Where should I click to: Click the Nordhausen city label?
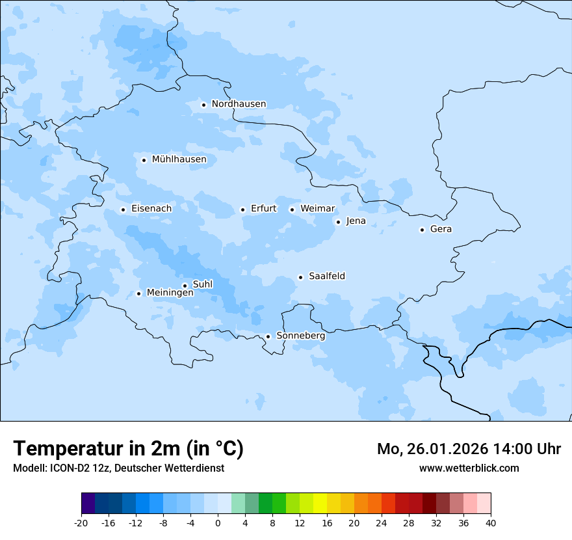coord(239,104)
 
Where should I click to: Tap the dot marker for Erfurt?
coord(242,209)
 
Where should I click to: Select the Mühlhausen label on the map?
coord(179,159)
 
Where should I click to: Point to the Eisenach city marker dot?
coord(123,209)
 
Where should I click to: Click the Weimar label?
coord(317,209)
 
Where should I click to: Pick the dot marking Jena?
coord(338,222)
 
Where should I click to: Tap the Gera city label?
coord(441,229)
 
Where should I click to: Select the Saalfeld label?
coord(326,277)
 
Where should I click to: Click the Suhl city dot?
coord(185,286)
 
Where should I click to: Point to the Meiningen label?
coord(170,293)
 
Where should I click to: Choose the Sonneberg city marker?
coord(268,336)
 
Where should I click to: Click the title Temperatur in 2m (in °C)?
coord(128,448)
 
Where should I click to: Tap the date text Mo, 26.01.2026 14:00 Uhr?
coord(469,449)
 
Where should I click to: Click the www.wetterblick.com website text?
coord(469,468)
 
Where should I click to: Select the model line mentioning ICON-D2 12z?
coord(118,468)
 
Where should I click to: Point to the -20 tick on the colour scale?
coord(81,522)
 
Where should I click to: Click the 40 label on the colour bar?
coord(491,522)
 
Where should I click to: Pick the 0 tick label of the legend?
coord(218,522)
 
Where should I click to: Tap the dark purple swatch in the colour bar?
coord(88,504)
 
